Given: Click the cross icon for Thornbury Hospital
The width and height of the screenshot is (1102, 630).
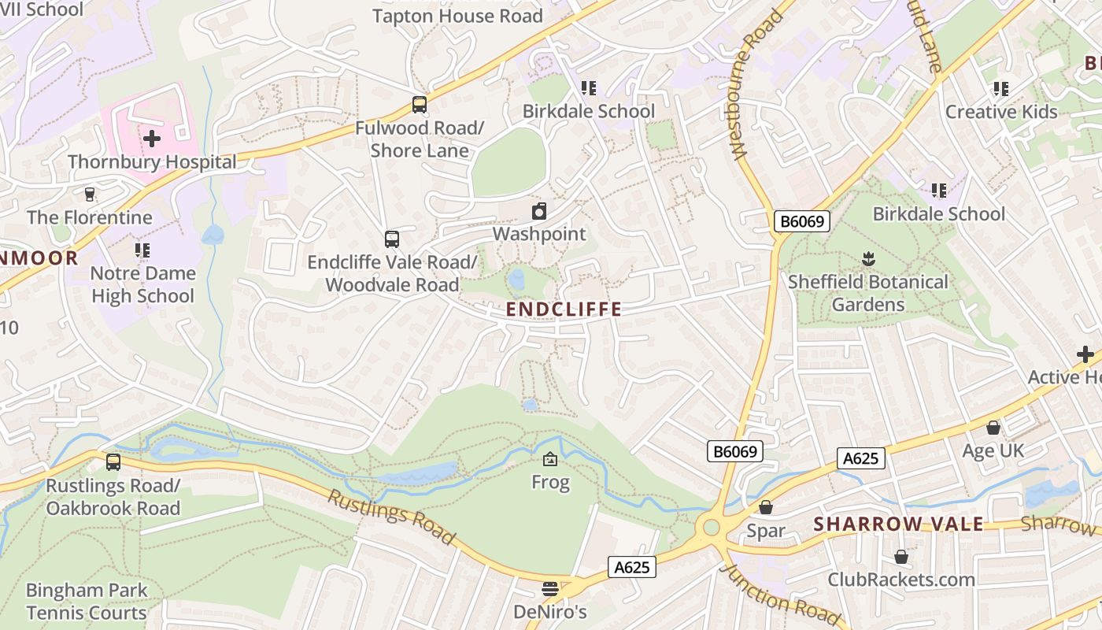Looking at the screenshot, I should click(x=152, y=139).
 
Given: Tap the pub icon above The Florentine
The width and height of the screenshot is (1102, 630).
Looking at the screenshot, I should click(x=89, y=194).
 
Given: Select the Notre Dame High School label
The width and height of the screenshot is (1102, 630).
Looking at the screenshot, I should click(x=142, y=285).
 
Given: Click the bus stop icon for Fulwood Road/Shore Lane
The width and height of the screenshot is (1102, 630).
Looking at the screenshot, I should click(x=420, y=105).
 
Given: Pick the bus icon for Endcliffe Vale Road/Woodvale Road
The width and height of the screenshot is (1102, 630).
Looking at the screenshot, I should click(x=391, y=239).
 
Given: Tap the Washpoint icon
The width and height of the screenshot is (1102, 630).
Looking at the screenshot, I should click(x=539, y=211).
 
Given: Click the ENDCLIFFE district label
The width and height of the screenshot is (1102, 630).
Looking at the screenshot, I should click(x=564, y=309).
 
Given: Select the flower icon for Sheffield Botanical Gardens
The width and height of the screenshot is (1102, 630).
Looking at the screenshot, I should click(x=868, y=258).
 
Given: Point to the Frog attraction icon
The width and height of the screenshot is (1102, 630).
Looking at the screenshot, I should click(x=550, y=459).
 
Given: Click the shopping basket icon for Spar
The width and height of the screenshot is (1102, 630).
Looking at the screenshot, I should click(x=765, y=507).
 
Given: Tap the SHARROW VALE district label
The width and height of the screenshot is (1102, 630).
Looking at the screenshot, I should click(x=898, y=524).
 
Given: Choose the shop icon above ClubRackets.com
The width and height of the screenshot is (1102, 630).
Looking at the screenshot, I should click(x=901, y=558).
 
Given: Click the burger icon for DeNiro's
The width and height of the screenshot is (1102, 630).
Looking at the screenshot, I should click(x=549, y=589).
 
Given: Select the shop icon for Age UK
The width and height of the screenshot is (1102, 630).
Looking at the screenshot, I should click(x=993, y=428).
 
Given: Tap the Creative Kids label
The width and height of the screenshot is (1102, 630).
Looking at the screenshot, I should click(x=1001, y=112).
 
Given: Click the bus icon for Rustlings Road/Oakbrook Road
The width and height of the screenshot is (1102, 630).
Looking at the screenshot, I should click(x=113, y=462).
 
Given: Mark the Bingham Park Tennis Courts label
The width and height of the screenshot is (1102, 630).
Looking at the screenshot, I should click(x=87, y=602).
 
